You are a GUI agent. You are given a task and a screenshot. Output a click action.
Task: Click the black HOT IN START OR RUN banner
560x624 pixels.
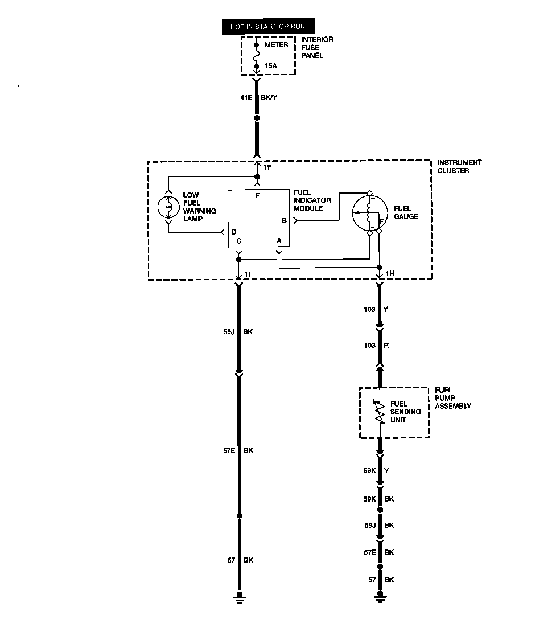coord(267,27)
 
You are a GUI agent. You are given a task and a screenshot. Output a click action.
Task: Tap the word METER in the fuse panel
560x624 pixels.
coord(277,45)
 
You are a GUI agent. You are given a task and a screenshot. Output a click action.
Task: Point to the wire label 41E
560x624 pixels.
coord(245,98)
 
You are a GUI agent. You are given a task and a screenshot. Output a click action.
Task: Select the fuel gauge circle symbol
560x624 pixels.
coord(370,212)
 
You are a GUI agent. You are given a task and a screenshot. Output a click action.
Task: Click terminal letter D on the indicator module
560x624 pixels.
coord(233,232)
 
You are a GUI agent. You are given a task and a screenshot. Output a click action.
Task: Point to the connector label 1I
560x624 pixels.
coord(248,274)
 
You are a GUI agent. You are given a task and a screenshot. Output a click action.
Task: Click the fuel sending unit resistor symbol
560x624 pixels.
coord(378,411)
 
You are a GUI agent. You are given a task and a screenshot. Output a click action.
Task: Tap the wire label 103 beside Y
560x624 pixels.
coord(369,310)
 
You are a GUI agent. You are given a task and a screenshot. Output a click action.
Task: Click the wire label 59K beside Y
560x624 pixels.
coord(369,471)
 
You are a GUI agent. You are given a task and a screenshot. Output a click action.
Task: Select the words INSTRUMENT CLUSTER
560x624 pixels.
coord(459,166)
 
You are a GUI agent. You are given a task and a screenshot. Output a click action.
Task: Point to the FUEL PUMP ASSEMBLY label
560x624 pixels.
coord(453,399)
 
